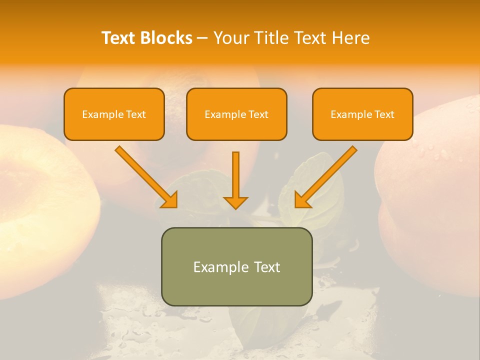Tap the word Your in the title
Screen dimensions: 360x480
(232, 38)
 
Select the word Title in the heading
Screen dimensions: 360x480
(271, 38)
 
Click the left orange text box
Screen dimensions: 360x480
(114, 114)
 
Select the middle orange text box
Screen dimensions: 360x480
(236, 114)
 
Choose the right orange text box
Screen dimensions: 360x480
(362, 114)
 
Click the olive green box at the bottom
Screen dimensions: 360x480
(236, 266)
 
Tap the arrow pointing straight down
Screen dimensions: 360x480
(235, 180)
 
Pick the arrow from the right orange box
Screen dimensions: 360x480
(325, 177)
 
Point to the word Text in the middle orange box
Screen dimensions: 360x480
(258, 114)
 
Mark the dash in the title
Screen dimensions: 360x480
(202, 38)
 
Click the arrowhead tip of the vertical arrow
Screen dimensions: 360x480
(235, 207)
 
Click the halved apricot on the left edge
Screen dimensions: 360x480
(40, 195)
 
